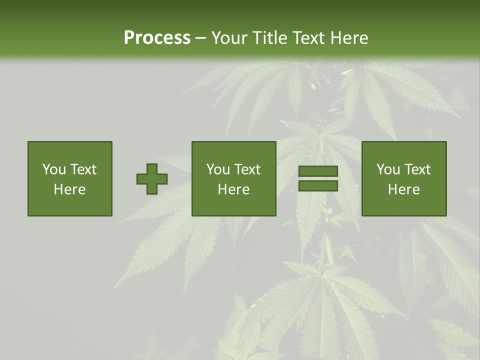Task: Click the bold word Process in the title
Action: pyautogui.click(x=157, y=38)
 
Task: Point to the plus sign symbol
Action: pyautogui.click(x=152, y=179)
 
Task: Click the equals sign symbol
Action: pyautogui.click(x=318, y=178)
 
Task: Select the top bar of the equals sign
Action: pyautogui.click(x=318, y=171)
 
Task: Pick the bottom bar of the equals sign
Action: pyautogui.click(x=318, y=186)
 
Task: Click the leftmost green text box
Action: pyautogui.click(x=70, y=178)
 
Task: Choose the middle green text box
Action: pyautogui.click(x=233, y=178)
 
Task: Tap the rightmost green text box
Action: pyautogui.click(x=404, y=178)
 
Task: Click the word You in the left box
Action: pyautogui.click(x=54, y=169)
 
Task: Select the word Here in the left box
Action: pyautogui.click(x=70, y=189)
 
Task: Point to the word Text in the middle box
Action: pyautogui.click(x=247, y=169)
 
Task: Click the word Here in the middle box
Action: pyautogui.click(x=233, y=189)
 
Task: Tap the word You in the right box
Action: pyautogui.click(x=388, y=169)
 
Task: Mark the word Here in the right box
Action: pyautogui.click(x=404, y=189)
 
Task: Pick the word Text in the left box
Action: pyautogui.click(x=83, y=169)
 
